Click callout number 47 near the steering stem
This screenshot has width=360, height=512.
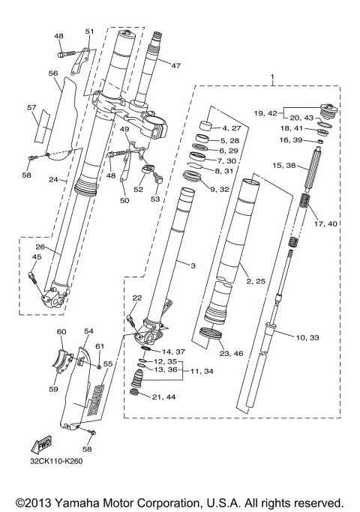176,66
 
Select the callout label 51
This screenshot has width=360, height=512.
90,31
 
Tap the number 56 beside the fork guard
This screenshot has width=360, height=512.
53,73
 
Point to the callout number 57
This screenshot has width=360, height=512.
31,108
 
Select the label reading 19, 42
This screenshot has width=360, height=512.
265,113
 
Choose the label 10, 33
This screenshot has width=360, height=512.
307,338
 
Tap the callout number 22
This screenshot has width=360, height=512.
136,299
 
